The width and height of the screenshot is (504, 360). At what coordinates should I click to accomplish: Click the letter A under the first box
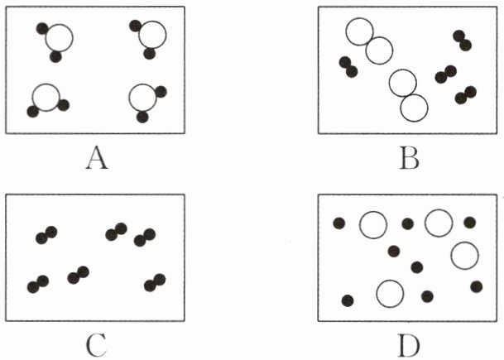coord(97,156)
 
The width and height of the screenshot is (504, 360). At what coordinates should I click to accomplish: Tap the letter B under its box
coord(409,156)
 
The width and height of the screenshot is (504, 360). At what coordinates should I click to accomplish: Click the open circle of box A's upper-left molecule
coord(59,37)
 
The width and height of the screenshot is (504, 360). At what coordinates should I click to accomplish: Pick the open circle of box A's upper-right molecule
coord(152,35)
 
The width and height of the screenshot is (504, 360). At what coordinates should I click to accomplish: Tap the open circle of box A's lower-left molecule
coord(46,97)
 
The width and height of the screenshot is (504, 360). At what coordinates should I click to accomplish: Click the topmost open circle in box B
coord(359,31)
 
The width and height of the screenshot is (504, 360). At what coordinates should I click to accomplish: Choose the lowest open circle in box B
coord(414,108)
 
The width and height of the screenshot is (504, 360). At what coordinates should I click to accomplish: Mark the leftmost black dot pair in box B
coord(348,66)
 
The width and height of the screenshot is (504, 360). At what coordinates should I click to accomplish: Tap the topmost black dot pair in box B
coord(462,40)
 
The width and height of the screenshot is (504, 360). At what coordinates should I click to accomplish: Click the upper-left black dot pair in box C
coord(46,235)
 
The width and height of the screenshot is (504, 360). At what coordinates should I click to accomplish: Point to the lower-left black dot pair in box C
coord(37,284)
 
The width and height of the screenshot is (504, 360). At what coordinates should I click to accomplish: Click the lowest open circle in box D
coord(389,292)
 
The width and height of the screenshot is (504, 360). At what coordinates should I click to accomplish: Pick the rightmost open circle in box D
coord(464,256)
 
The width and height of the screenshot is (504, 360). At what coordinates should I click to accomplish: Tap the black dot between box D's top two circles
coord(407,223)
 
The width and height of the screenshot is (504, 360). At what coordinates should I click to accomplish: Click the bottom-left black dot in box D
coord(348,300)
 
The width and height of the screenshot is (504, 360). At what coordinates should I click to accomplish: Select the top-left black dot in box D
coord(338,222)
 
